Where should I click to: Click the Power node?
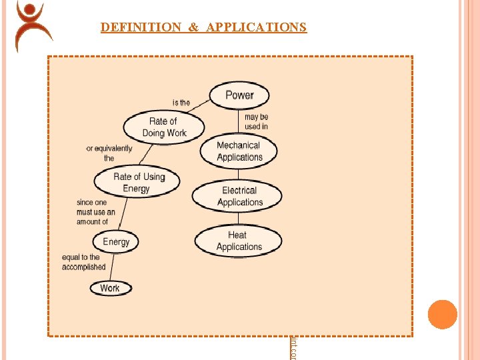[239, 95]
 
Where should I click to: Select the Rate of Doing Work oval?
[163, 127]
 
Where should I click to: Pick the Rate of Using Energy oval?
[137, 182]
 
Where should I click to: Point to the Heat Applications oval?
[238, 241]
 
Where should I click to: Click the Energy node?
[116, 241]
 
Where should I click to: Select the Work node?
[110, 288]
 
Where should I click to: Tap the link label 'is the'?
[181, 103]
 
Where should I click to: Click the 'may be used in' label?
[256, 121]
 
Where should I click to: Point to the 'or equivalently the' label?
[109, 153]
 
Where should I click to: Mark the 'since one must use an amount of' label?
[95, 212]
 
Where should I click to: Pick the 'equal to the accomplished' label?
[83, 262]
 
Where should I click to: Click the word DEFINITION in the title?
[141, 27]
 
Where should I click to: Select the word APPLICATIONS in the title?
[257, 27]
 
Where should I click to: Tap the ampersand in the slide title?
[193, 27]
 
